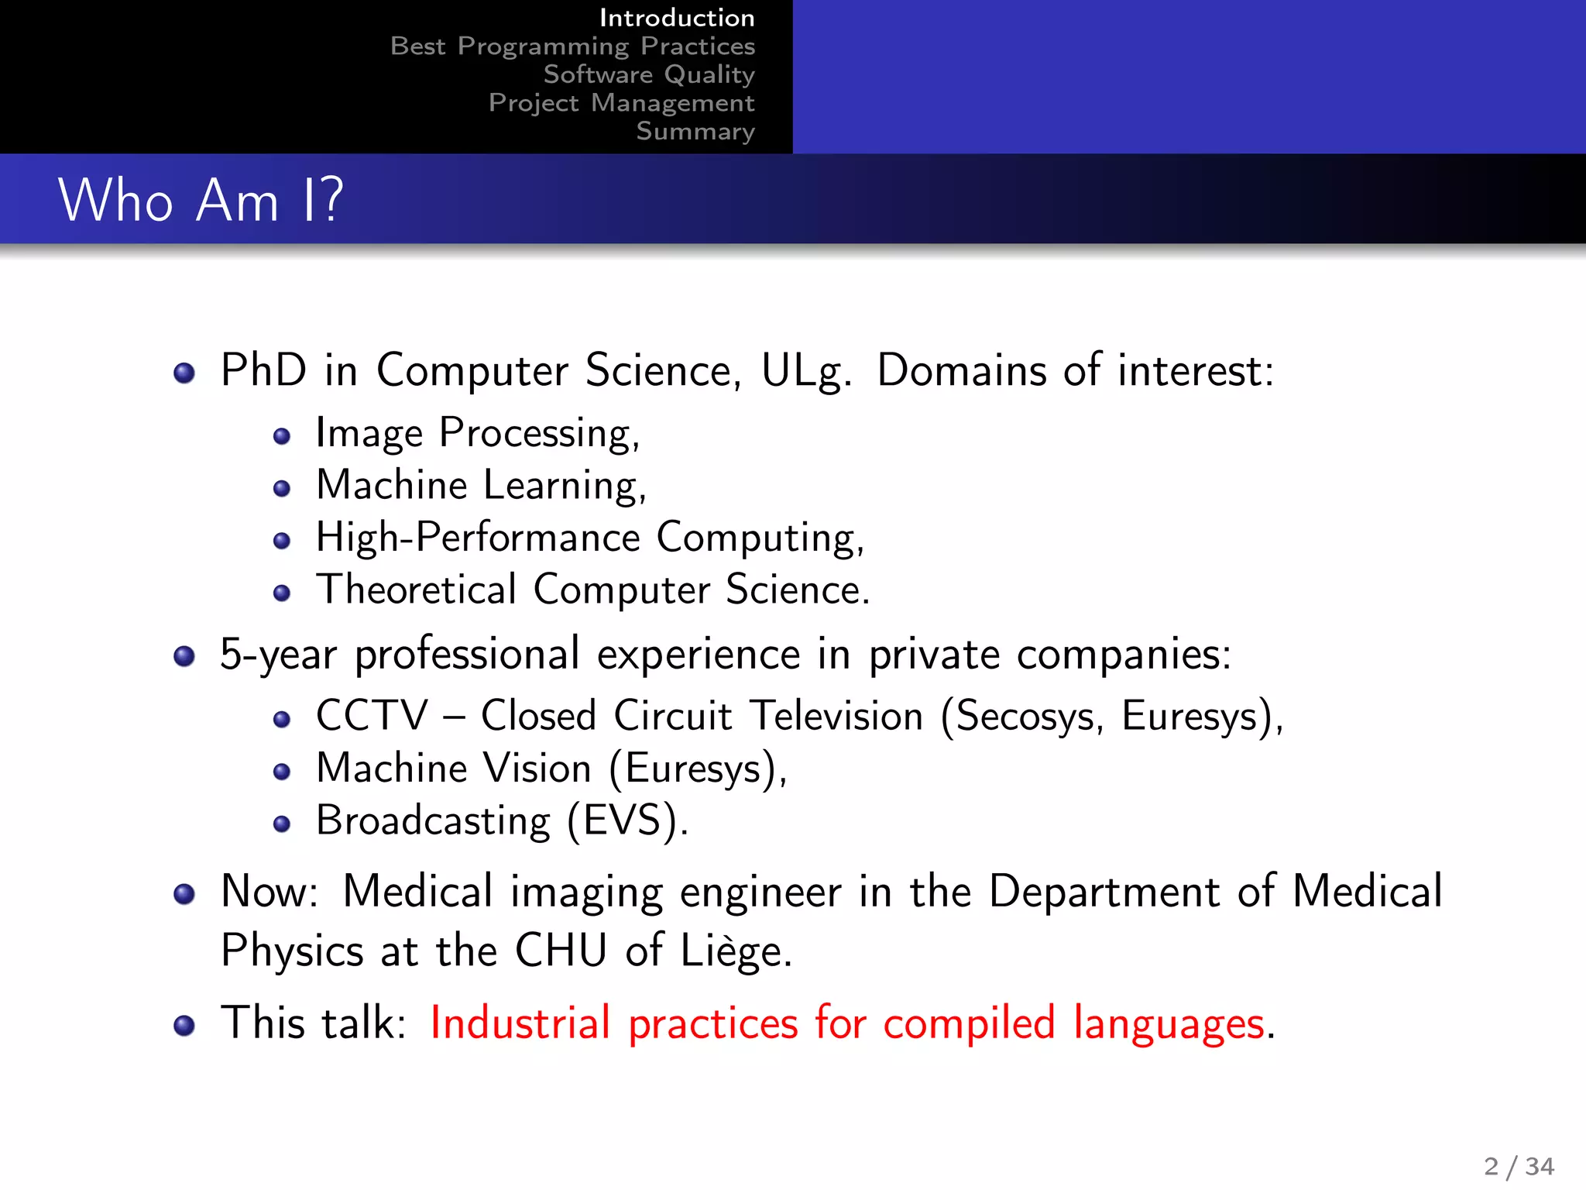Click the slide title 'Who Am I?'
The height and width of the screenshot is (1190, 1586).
(200, 200)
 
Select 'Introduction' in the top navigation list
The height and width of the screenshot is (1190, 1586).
(676, 18)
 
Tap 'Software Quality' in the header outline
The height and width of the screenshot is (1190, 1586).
(648, 74)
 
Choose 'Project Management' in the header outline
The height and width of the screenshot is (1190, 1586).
(621, 103)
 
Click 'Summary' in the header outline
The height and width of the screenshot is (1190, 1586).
(695, 132)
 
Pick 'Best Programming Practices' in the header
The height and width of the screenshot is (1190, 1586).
(572, 46)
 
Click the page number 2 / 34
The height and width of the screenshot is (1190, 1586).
(1519, 1165)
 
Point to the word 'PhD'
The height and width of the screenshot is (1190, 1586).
(263, 370)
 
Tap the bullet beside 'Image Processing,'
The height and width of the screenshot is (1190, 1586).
(282, 436)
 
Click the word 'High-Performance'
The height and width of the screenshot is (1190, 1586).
(478, 538)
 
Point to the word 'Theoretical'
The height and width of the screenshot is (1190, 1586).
(416, 590)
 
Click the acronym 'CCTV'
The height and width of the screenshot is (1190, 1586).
(372, 715)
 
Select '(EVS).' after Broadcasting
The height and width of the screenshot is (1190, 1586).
(627, 821)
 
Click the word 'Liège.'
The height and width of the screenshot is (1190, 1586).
(736, 951)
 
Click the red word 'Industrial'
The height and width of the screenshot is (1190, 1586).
(520, 1023)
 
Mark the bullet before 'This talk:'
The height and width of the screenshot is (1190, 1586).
(184, 1026)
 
